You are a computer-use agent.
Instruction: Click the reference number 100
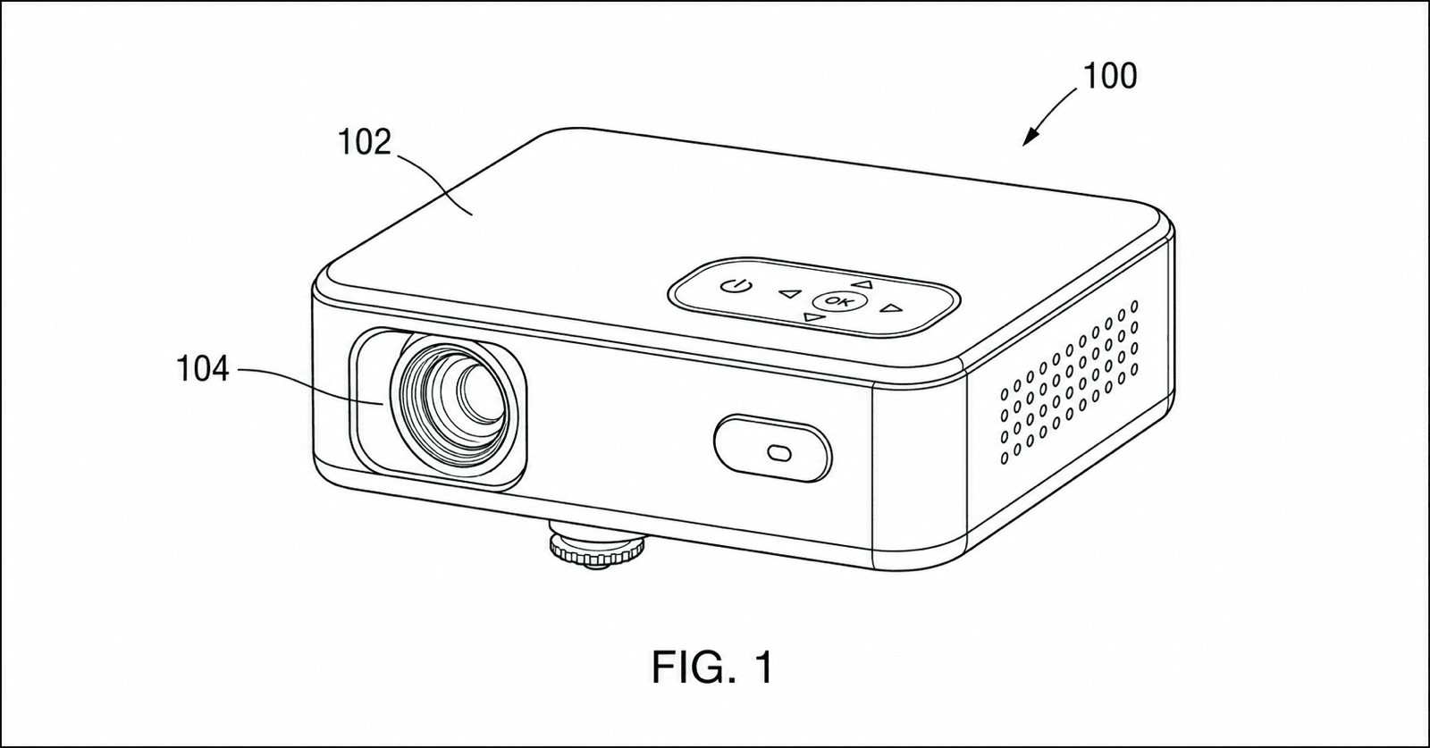click(x=1110, y=76)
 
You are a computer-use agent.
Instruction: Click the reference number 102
click(x=364, y=142)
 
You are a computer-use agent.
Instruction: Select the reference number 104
click(x=202, y=369)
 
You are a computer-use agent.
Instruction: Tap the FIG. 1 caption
click(x=713, y=667)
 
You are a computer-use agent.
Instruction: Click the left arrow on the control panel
click(x=790, y=294)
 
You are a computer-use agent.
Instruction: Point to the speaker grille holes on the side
click(x=1068, y=382)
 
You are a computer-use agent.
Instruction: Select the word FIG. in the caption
click(x=692, y=668)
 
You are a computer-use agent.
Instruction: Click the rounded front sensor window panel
click(x=772, y=449)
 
